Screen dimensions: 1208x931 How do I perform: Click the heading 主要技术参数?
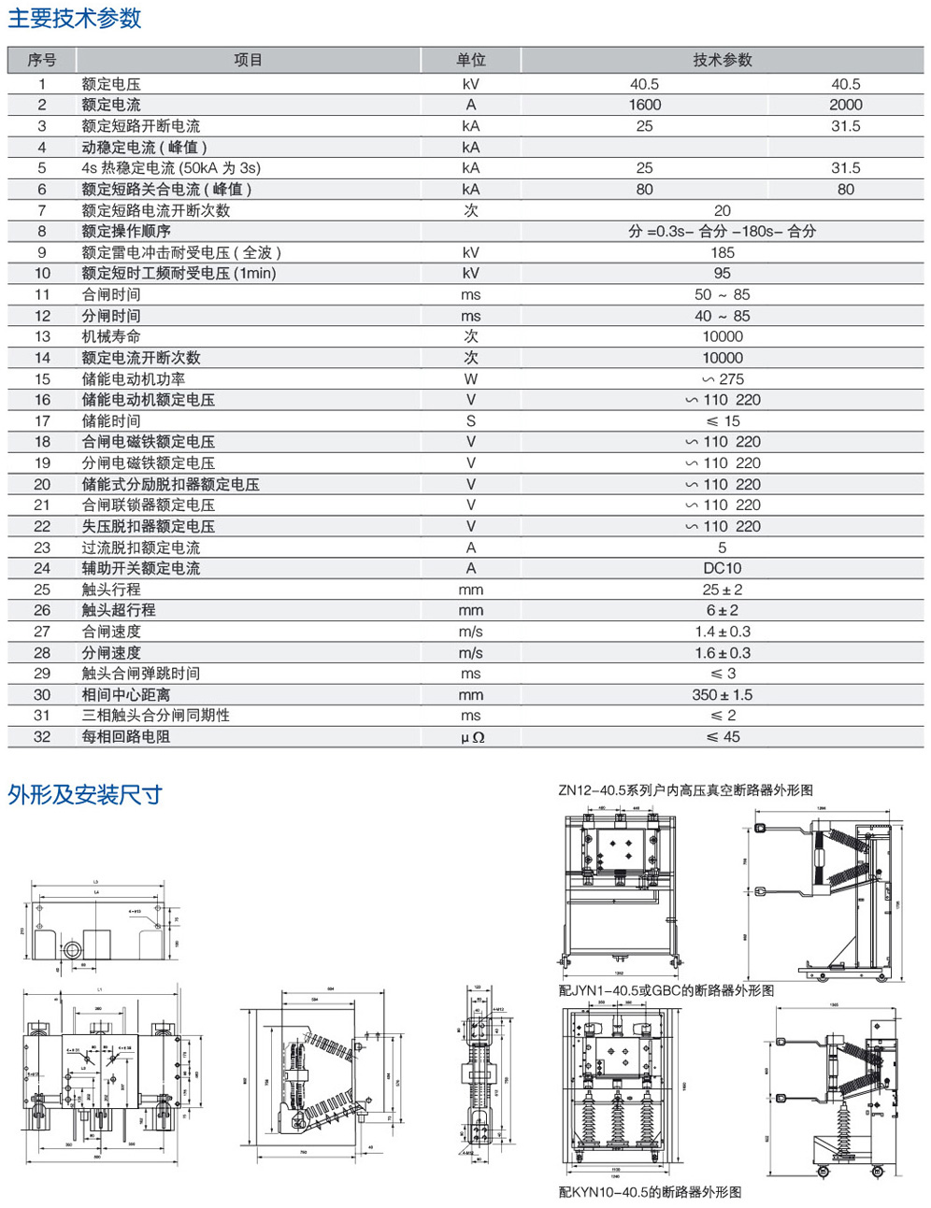[x=75, y=19]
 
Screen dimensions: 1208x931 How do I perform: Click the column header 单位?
[x=471, y=60]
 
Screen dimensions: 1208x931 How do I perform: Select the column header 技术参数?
[x=722, y=60]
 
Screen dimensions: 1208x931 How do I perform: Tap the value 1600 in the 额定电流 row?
[x=644, y=105]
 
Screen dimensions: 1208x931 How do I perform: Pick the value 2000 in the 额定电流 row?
[x=845, y=105]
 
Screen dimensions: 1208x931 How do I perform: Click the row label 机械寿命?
[x=111, y=336]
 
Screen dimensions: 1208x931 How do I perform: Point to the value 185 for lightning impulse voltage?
[x=722, y=252]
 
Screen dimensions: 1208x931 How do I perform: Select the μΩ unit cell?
[x=471, y=737]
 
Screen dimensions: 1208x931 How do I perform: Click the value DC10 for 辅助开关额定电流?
[x=722, y=568]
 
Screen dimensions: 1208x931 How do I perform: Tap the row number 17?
[x=42, y=421]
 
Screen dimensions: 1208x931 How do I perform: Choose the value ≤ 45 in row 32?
[x=722, y=737]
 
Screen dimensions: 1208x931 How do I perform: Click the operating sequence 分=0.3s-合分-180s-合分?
[x=722, y=232]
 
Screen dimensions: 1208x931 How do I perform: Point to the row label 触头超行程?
[x=119, y=610]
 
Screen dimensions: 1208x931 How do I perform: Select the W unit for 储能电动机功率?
[x=471, y=379]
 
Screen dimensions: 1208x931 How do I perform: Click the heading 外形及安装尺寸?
[x=85, y=795]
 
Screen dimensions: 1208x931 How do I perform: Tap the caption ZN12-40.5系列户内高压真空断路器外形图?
[x=685, y=790]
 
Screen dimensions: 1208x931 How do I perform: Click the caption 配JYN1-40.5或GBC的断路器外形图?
[x=666, y=990]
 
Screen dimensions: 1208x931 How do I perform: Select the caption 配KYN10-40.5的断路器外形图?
[x=650, y=1192]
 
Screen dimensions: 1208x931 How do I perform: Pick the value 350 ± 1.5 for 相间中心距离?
[x=722, y=695]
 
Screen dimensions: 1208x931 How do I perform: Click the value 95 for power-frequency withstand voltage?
[x=722, y=274]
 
